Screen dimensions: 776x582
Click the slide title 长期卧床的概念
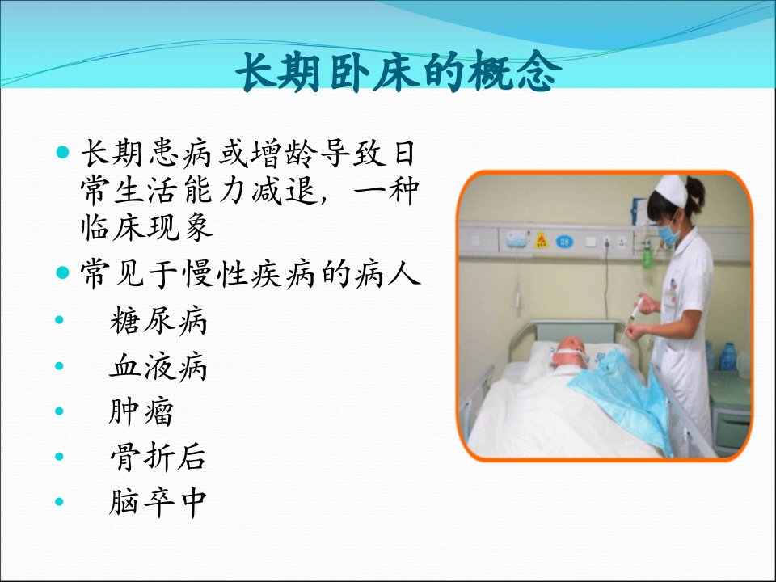(399, 72)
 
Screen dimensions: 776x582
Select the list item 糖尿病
(158, 321)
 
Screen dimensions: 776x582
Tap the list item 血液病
(158, 366)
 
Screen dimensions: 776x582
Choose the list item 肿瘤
(141, 411)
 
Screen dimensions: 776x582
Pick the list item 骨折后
(158, 457)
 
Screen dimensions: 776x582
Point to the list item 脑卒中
(158, 502)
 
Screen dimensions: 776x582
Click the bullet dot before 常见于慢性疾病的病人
(62, 272)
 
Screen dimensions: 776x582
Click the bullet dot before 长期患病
(62, 152)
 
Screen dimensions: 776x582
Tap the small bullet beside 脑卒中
(59, 502)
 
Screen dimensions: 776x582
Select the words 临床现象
(147, 227)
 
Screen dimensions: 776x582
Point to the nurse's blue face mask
(668, 233)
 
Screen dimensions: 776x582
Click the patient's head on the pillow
(570, 352)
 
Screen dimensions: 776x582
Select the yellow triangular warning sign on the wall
(542, 240)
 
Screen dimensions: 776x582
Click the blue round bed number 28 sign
(564, 242)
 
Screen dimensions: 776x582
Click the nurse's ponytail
(696, 193)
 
